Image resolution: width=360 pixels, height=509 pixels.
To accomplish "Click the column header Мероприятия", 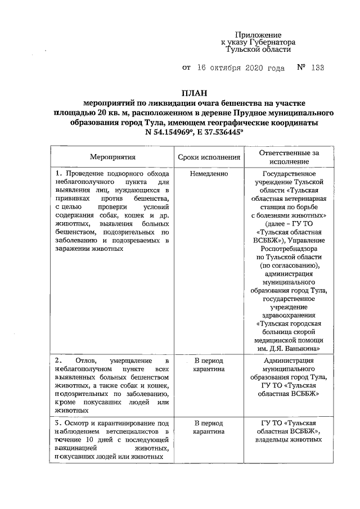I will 113,157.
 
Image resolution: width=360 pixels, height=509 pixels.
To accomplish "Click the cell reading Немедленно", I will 209,174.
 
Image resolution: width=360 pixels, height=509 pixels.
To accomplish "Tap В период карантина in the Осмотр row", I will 209,427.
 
